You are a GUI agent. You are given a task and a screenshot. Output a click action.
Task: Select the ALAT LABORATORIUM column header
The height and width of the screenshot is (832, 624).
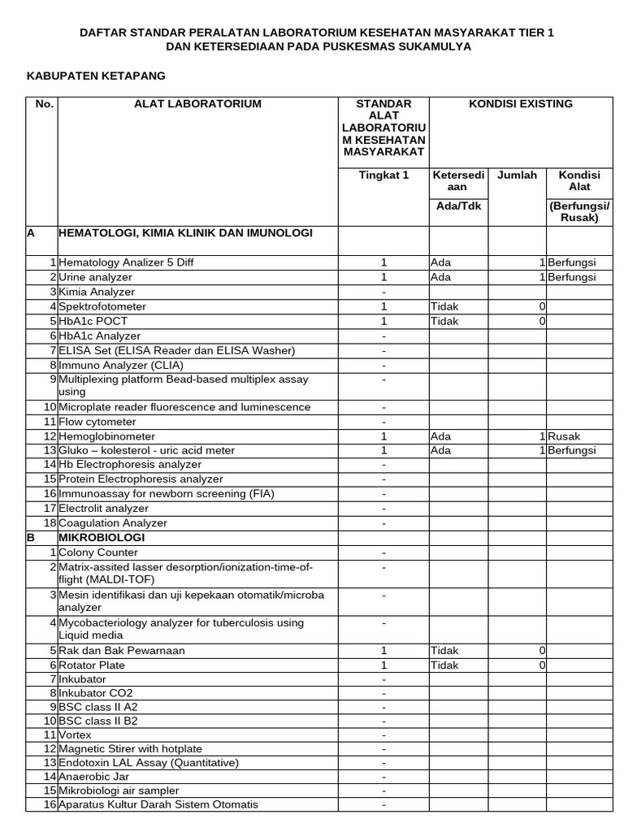point(197,104)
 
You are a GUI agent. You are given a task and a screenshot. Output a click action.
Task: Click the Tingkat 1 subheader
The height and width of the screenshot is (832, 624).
point(383,175)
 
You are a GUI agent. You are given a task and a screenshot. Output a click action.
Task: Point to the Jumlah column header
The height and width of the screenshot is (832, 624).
point(517,175)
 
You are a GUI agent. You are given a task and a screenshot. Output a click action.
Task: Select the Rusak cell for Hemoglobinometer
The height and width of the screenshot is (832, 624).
point(564,436)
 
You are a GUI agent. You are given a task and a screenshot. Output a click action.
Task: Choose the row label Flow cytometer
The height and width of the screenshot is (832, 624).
point(97,422)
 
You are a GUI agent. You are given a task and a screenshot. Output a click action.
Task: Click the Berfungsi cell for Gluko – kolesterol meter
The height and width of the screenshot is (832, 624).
point(572,451)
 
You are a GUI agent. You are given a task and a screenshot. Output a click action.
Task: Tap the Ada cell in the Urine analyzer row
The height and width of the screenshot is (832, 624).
point(440,277)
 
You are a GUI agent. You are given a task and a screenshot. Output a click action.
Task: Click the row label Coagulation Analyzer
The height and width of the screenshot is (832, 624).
point(113,523)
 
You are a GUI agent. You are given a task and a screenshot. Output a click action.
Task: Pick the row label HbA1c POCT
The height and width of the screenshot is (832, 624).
point(93,321)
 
